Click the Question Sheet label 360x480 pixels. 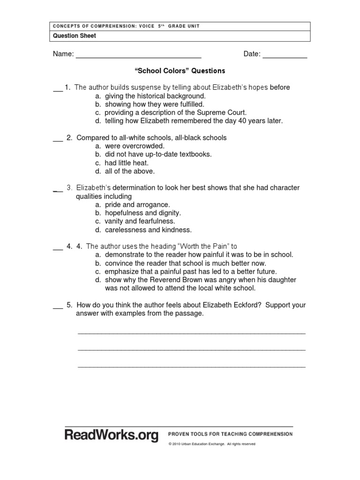pyautogui.click(x=74, y=36)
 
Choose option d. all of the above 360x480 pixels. pyautogui.click(x=124, y=172)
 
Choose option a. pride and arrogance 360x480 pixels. pyautogui.click(x=132, y=205)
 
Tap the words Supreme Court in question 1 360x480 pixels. pyautogui.click(x=221, y=112)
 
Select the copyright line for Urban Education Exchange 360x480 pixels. pyautogui.click(x=212, y=444)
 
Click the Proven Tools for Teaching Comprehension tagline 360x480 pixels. pyautogui.click(x=230, y=434)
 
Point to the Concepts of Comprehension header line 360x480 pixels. pyautogui.click(x=126, y=26)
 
